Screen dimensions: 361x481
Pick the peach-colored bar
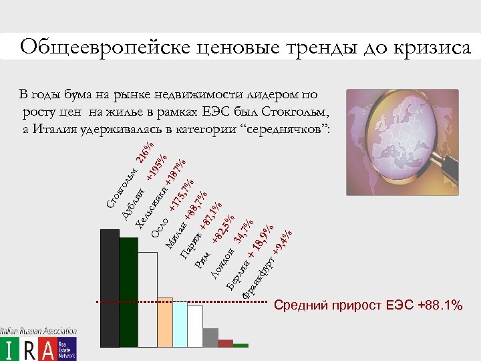[x=165, y=322]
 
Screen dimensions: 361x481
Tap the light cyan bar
[x=180, y=324]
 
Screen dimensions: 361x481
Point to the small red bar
[x=225, y=344]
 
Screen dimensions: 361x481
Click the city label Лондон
[x=223, y=263]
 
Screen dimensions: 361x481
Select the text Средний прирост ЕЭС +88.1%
[x=368, y=306]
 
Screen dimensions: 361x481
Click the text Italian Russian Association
[x=38, y=330]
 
